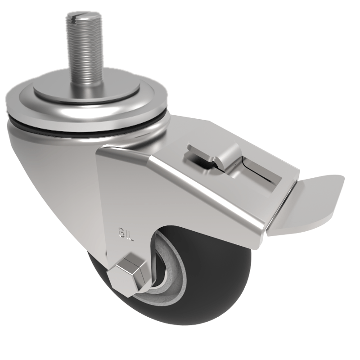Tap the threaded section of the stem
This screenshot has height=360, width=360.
click(x=83, y=49)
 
